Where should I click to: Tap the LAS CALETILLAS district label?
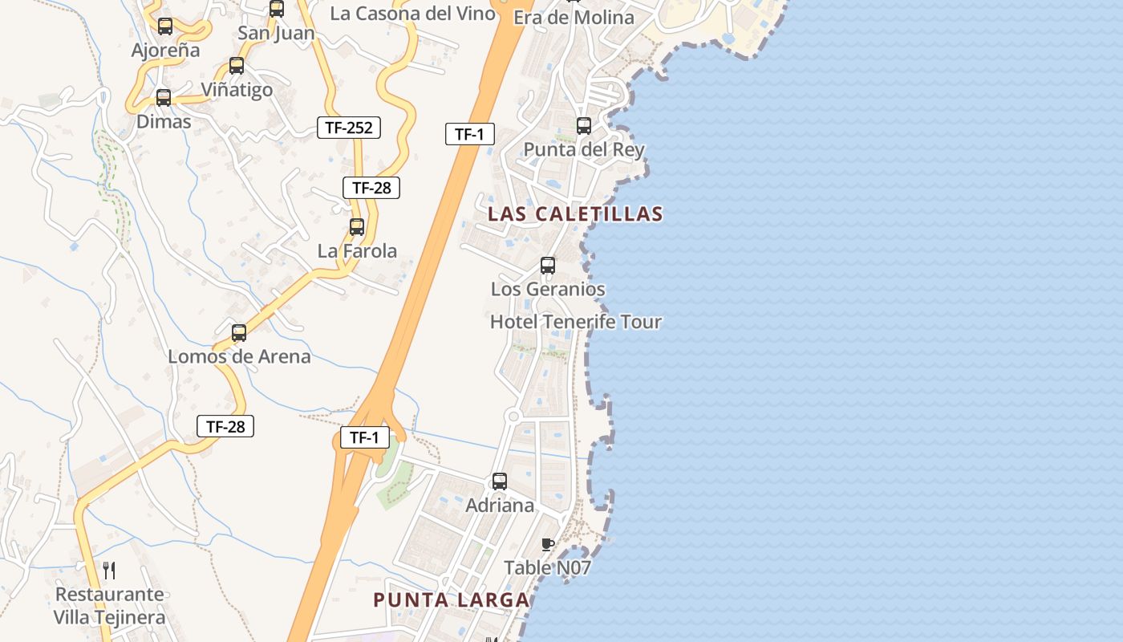click(x=575, y=213)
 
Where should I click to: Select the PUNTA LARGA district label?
click(x=452, y=600)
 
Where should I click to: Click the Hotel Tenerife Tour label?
click(x=575, y=322)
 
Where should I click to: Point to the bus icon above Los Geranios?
click(x=548, y=265)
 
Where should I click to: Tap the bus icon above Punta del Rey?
click(x=584, y=126)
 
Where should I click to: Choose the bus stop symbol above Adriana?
click(x=500, y=481)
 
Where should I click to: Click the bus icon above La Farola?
click(x=357, y=227)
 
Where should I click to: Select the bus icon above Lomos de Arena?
click(x=239, y=333)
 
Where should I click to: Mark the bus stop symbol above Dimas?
click(x=164, y=98)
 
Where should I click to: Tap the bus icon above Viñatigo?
click(x=237, y=66)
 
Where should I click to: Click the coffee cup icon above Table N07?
click(x=548, y=545)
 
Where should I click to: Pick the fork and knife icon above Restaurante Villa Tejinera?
click(x=110, y=571)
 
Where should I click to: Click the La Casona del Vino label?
click(x=412, y=14)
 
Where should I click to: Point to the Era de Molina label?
click(x=574, y=18)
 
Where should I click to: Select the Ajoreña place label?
click(x=165, y=50)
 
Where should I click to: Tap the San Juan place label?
click(x=276, y=33)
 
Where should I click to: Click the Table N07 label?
click(x=547, y=568)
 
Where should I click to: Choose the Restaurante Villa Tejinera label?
click(x=109, y=606)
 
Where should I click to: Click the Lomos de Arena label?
click(x=239, y=356)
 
